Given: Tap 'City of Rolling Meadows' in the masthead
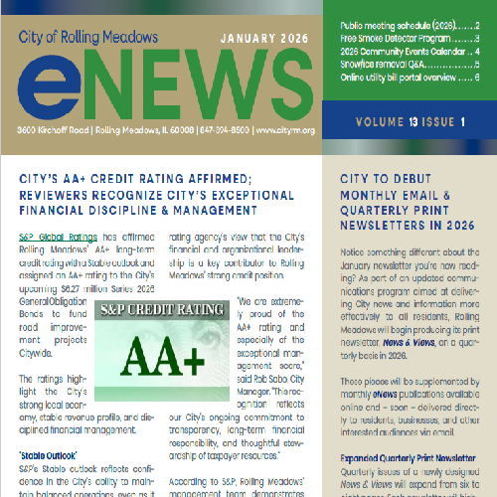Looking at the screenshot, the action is click(88, 38).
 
